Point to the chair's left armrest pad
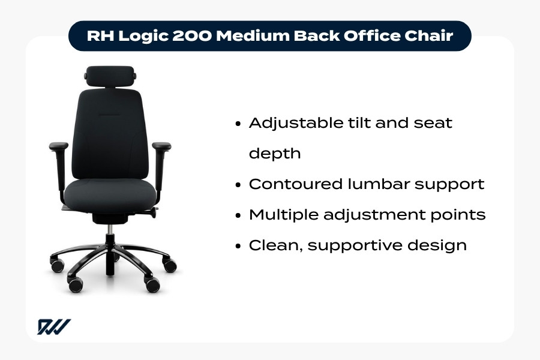59,145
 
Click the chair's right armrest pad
161,145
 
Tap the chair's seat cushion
110,191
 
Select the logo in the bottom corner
54,327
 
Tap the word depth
274,154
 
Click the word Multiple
283,215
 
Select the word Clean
271,245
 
